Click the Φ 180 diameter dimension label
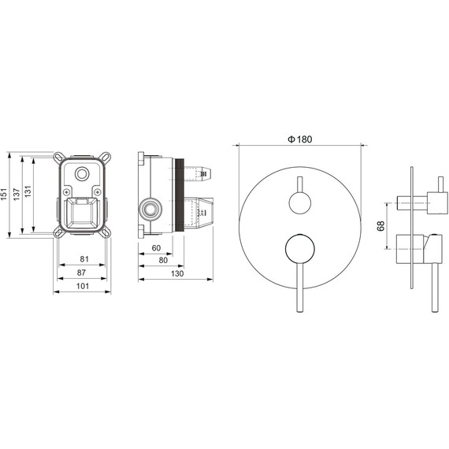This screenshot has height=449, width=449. pos(300,139)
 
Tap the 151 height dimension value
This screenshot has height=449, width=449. pos(4,194)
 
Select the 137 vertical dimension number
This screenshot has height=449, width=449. pos(17,194)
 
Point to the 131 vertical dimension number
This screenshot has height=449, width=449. pos(28,191)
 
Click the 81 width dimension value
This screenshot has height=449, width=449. pos(84,259)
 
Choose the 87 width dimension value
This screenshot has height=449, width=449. pos(81,273)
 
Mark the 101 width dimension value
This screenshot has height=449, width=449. pos(83,286)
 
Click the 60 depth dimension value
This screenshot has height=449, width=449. pos(156,248)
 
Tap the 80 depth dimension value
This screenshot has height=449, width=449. pos(163,260)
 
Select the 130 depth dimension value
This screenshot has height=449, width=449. pos(177,273)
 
